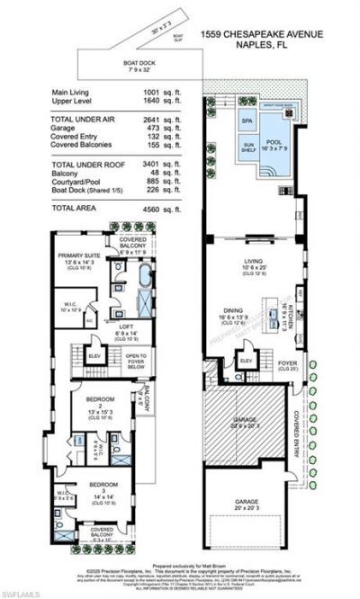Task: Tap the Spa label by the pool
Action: [x=246, y=119]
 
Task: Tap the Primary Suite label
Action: [x=77, y=255]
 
